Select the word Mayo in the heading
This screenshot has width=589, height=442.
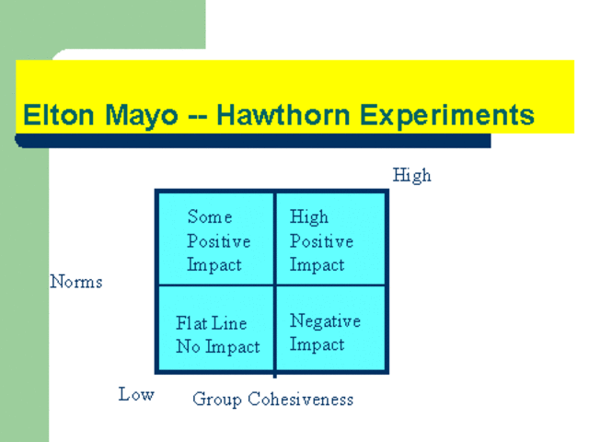click(x=138, y=116)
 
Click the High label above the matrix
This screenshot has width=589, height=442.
click(x=411, y=175)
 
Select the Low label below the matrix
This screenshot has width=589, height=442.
click(x=136, y=395)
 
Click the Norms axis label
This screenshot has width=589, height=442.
click(x=76, y=282)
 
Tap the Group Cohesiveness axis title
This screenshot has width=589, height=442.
click(x=272, y=400)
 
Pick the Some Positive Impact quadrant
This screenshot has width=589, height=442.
click(x=215, y=239)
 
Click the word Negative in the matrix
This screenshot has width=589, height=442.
click(x=325, y=321)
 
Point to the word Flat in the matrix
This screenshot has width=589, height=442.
click(x=192, y=323)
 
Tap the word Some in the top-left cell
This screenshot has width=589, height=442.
click(x=210, y=217)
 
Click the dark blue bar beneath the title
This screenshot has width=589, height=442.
click(x=253, y=141)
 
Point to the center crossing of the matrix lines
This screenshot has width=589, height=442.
click(x=274, y=285)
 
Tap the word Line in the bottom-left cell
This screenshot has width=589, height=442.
click(x=230, y=323)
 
